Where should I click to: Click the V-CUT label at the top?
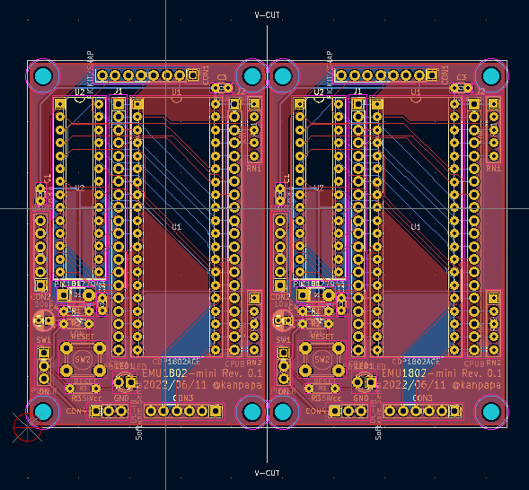[x=267, y=15]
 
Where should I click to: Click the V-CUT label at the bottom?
[x=267, y=473]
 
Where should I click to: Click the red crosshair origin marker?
[x=27, y=426]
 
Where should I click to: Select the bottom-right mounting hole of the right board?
[x=491, y=411]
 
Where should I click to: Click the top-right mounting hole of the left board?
[x=252, y=77]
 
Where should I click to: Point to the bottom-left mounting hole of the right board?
[x=283, y=411]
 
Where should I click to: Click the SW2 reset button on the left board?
[x=81, y=359]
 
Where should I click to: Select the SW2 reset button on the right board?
[x=321, y=359]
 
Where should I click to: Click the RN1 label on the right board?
[x=494, y=168]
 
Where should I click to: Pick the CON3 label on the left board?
[x=183, y=398]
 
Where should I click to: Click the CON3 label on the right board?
[x=422, y=398]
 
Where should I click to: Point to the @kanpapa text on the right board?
[x=474, y=384]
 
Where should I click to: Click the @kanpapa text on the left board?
[x=235, y=384]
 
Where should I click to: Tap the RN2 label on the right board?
[x=493, y=362]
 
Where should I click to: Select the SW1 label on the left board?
[x=43, y=341]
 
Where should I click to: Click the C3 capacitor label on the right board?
[x=462, y=78]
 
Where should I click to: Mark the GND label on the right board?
[x=362, y=398]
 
